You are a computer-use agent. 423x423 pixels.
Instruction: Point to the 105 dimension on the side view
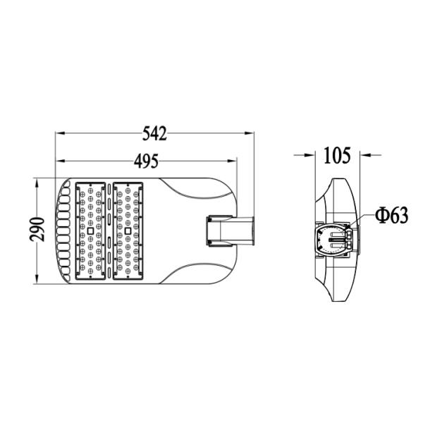coord(337,155)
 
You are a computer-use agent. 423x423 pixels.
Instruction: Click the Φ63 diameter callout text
coord(392,216)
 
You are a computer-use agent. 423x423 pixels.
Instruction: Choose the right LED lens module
coord(128,230)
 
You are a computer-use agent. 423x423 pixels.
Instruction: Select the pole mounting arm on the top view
coord(230,231)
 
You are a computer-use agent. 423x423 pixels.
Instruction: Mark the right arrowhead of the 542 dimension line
coord(250,132)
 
